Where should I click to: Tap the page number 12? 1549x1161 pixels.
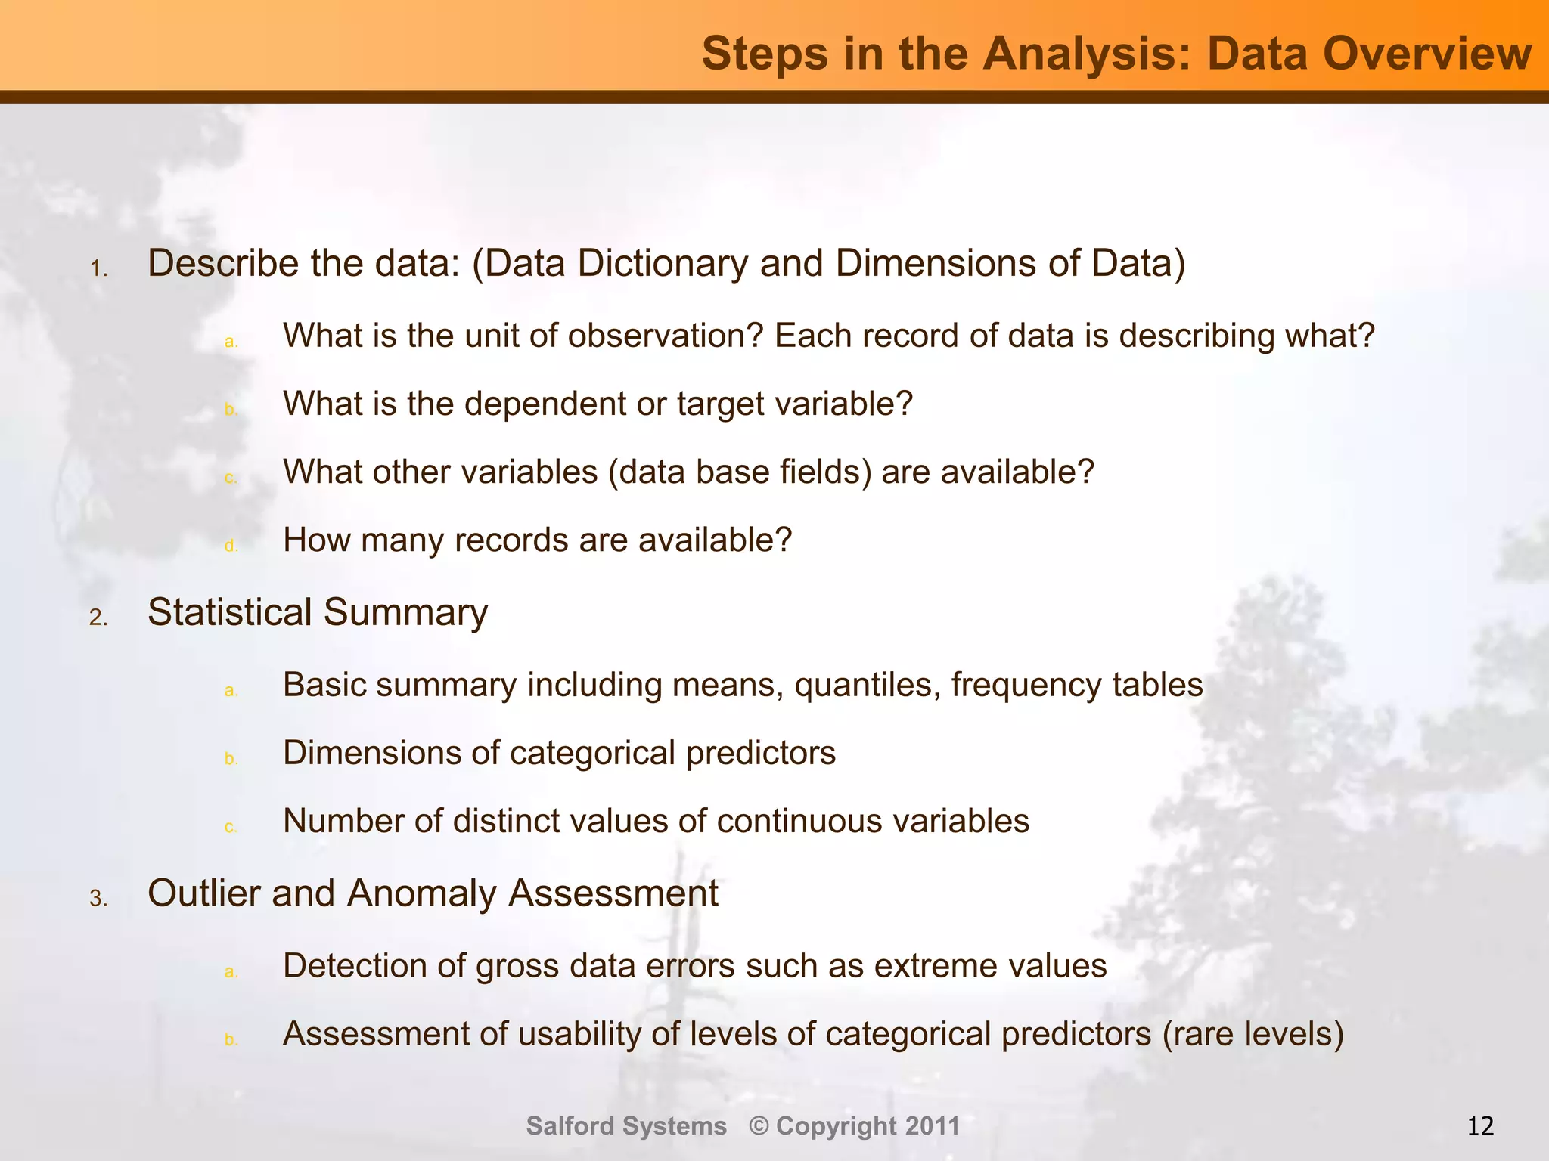1480,1126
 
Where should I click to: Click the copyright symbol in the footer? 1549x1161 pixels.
759,1126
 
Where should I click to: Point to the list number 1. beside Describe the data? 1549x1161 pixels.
99,269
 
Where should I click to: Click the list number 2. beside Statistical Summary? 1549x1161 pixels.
99,618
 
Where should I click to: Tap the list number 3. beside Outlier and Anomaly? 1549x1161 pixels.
99,899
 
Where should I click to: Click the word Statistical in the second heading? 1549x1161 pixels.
229,612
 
